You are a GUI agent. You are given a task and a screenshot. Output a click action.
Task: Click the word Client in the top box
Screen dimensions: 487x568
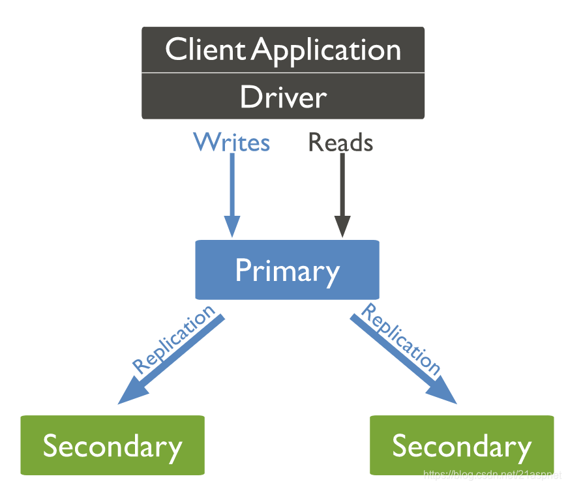click(x=206, y=50)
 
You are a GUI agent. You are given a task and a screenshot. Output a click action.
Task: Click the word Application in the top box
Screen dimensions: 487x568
click(x=327, y=51)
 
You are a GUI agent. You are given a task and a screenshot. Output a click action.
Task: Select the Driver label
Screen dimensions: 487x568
click(x=283, y=97)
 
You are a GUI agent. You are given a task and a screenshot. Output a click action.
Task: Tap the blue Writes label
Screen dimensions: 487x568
click(x=232, y=142)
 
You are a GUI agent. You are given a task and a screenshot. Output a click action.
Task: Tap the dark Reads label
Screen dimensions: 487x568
click(x=340, y=142)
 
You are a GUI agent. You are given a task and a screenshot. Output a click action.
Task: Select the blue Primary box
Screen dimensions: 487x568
click(x=287, y=270)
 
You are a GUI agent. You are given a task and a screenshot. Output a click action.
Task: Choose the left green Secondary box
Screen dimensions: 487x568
click(x=112, y=446)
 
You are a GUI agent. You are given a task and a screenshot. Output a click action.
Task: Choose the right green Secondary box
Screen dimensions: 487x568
click(x=462, y=446)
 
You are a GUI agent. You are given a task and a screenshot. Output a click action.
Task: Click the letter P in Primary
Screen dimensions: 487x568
click(x=243, y=270)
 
